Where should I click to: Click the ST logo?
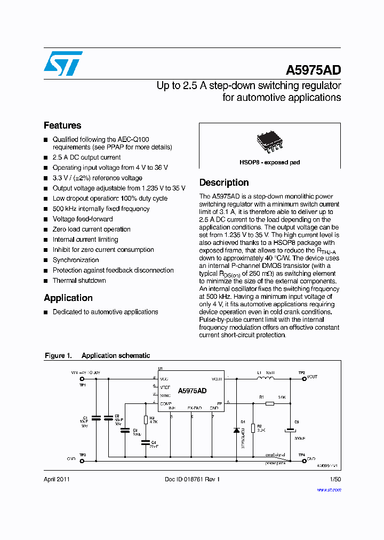[x=63, y=63]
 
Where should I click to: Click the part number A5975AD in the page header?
[x=314, y=71]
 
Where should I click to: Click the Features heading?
[x=62, y=125]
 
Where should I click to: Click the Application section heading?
[x=68, y=298]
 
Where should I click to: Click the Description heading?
[x=224, y=182]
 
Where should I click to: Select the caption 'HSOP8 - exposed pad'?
[x=269, y=162]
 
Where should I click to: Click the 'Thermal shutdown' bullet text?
[x=79, y=281]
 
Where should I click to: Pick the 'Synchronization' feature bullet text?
[x=76, y=260]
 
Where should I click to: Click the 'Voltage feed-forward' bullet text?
[x=83, y=219]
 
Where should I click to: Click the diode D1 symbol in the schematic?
[x=236, y=430]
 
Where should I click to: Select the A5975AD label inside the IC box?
[x=192, y=391]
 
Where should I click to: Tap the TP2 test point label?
[x=301, y=372]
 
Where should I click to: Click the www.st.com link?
[x=331, y=489]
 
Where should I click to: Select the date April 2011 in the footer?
[x=57, y=479]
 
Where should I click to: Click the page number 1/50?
[x=335, y=479]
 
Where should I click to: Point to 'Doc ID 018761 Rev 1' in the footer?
[x=192, y=479]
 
